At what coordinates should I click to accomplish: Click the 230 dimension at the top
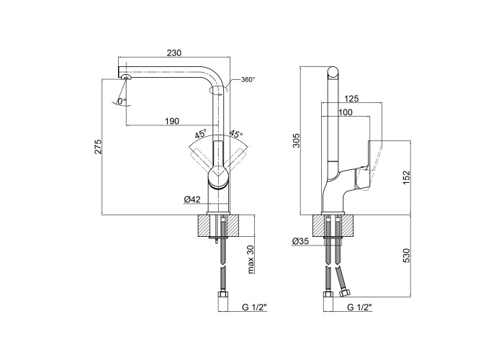(x=173, y=53)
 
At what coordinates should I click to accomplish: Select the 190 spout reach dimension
(x=172, y=120)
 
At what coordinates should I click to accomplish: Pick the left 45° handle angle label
(x=200, y=134)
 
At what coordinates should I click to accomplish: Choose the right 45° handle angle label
(x=235, y=134)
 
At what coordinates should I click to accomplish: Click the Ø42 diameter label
(x=192, y=199)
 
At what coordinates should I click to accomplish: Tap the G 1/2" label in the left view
(x=254, y=307)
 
